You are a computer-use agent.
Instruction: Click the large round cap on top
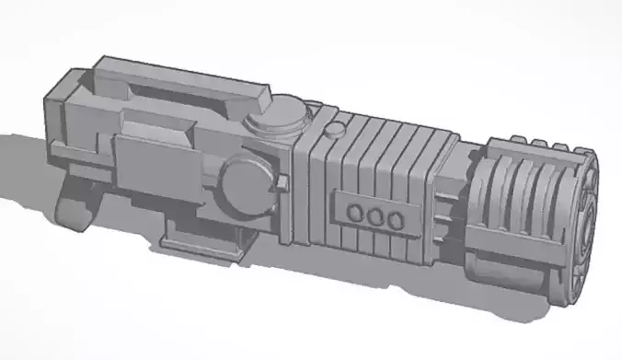click(x=277, y=116)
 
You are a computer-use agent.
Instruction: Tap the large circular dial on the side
click(x=248, y=183)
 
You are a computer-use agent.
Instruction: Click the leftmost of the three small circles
click(x=354, y=215)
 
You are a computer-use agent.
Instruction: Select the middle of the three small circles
click(x=374, y=217)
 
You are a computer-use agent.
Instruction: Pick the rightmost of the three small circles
click(x=394, y=220)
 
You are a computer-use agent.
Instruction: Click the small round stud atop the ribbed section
click(x=339, y=129)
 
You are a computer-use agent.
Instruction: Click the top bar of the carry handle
click(x=184, y=74)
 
